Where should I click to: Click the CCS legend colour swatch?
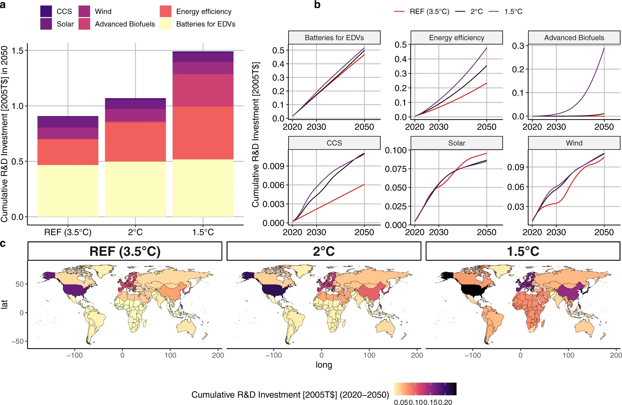click(46, 11)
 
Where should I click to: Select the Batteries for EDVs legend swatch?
click(165, 24)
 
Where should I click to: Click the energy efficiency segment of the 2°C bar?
click(135, 142)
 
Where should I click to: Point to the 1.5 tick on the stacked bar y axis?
click(17, 51)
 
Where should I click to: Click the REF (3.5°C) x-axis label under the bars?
click(68, 232)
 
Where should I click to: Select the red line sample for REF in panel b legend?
click(399, 12)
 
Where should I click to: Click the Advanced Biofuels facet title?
click(574, 38)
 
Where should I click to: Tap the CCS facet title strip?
click(334, 143)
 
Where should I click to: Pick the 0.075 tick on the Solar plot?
click(396, 169)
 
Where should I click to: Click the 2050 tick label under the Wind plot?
click(604, 232)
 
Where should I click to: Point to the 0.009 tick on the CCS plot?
click(273, 166)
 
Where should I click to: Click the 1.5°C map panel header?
click(523, 251)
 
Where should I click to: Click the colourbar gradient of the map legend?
click(425, 389)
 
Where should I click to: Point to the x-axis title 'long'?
click(324, 365)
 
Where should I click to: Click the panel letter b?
click(317, 5)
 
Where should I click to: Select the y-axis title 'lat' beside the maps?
click(4, 304)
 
